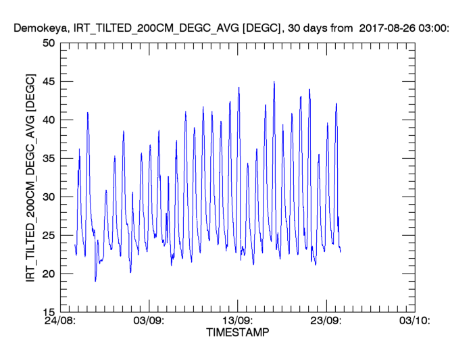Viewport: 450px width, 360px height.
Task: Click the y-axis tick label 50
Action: click(48, 43)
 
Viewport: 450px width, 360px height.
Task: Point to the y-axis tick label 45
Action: click(48, 81)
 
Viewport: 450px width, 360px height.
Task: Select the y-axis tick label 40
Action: click(48, 120)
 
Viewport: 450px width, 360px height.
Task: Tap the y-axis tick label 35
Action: click(48, 158)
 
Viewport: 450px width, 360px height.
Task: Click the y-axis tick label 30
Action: click(48, 197)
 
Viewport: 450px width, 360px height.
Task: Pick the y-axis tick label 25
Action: click(48, 235)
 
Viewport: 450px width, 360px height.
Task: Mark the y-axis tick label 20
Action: click(48, 274)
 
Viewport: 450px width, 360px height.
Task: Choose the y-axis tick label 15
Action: click(48, 312)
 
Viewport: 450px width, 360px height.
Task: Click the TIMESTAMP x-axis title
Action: click(237, 333)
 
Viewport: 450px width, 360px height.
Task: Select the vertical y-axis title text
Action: click(31, 178)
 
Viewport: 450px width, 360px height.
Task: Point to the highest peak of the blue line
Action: click(274, 82)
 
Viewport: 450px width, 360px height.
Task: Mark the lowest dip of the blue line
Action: click(95, 281)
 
